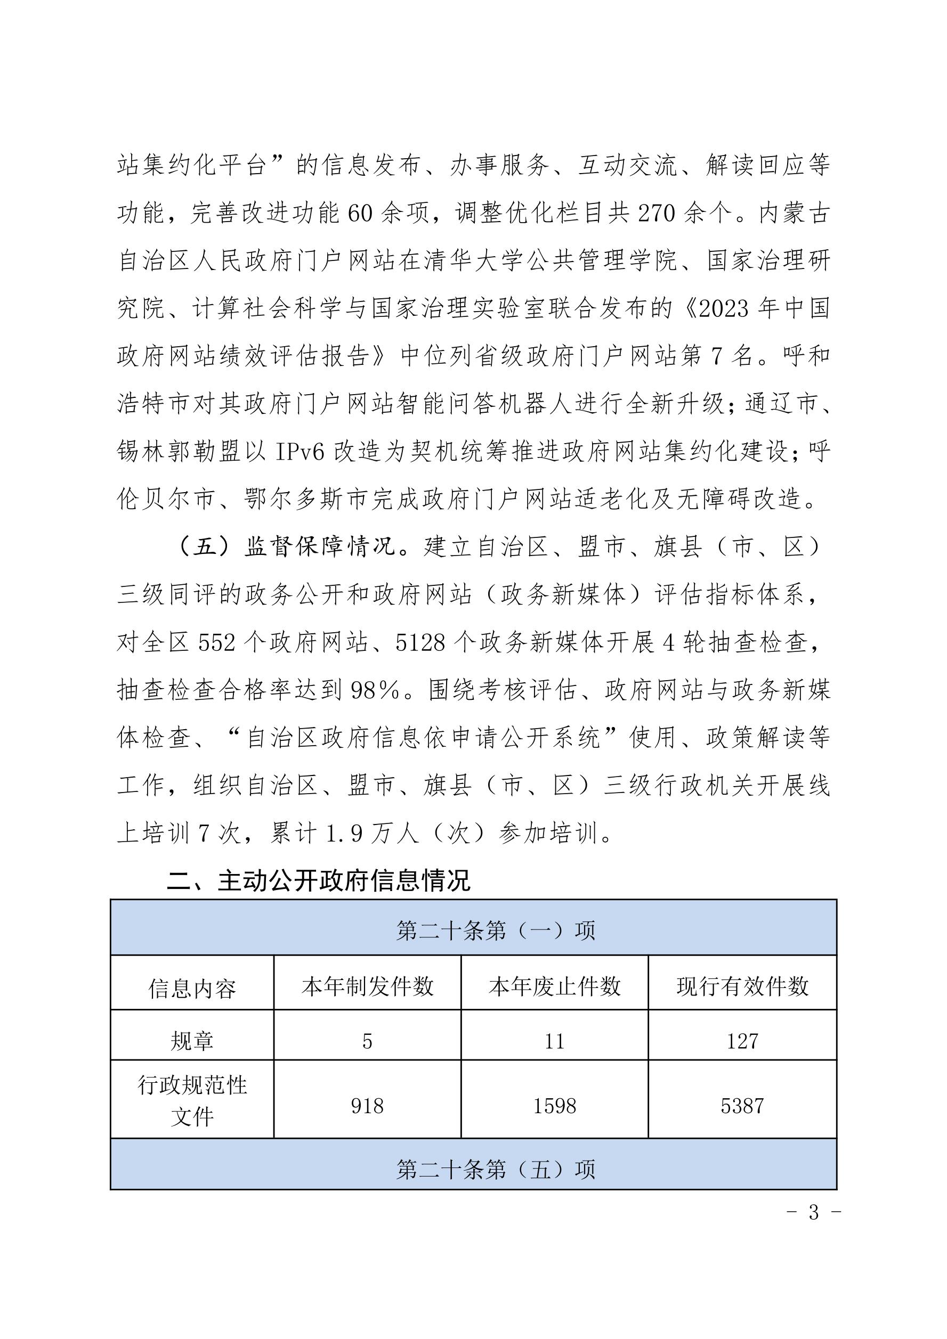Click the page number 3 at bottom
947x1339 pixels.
click(x=814, y=1212)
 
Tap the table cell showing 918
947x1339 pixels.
click(x=367, y=1106)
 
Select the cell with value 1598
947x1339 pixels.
click(x=554, y=1106)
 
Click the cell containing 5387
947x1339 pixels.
click(x=742, y=1106)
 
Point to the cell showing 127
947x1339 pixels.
click(x=742, y=1041)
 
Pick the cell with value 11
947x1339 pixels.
click(x=554, y=1041)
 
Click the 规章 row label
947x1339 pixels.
click(x=192, y=1041)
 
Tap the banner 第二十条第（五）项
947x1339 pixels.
click(x=473, y=1169)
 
